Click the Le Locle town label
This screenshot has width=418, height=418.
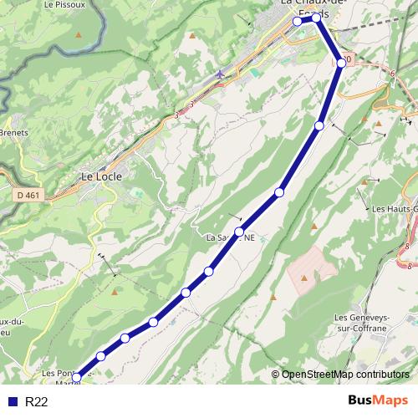(101, 176)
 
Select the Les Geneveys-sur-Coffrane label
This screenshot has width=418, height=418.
(360, 323)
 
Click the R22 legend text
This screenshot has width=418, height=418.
(37, 402)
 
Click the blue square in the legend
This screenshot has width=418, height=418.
(11, 402)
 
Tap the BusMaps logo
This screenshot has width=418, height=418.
(377, 401)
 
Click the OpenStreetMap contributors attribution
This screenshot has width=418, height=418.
(344, 375)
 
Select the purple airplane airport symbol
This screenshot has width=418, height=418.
(219, 74)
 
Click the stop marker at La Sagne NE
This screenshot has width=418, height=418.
(239, 232)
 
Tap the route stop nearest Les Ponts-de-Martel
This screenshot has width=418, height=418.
(76, 378)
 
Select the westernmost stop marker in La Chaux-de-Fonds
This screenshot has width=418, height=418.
(297, 22)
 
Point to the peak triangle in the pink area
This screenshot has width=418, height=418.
(303, 277)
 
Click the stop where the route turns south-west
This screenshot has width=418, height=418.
(341, 63)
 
